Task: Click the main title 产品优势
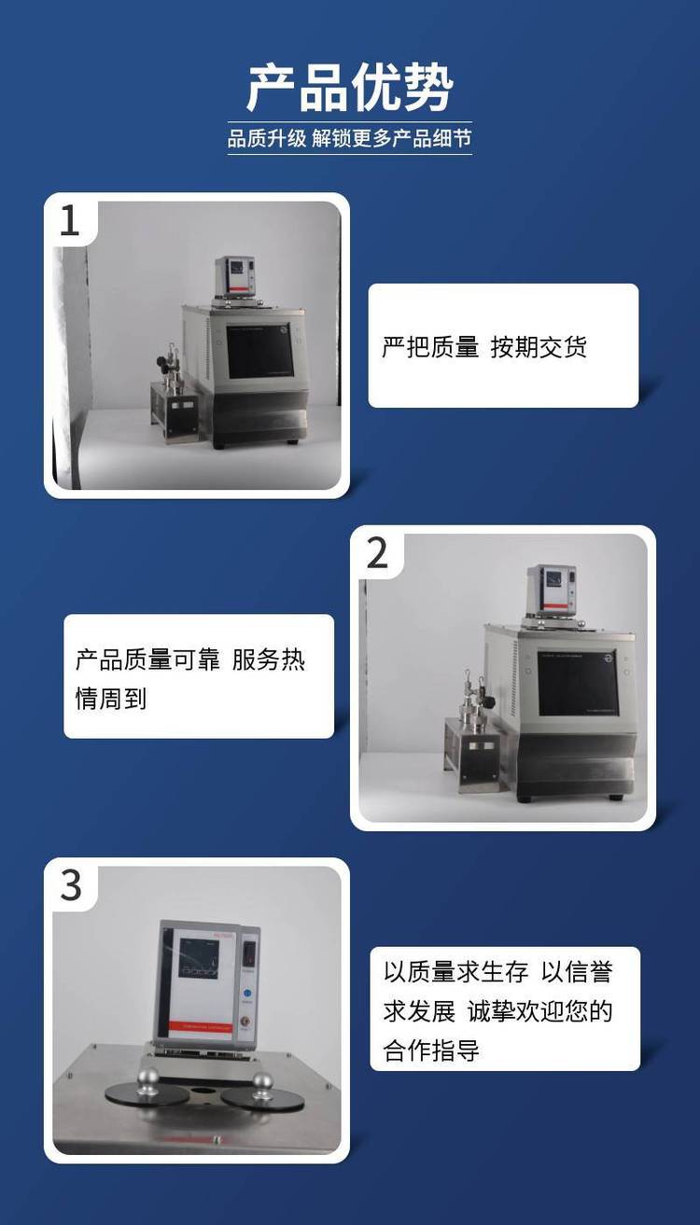click(350, 88)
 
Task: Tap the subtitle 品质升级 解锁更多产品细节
click(349, 138)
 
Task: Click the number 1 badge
click(69, 221)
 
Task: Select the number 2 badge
click(377, 553)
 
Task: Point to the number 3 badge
click(71, 885)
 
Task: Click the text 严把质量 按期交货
click(484, 347)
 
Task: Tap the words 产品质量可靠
click(147, 660)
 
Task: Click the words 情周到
click(111, 699)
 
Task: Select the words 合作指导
click(431, 1050)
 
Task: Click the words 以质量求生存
click(455, 972)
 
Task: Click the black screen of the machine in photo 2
click(578, 683)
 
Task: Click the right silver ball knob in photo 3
click(262, 1081)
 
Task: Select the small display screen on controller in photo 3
click(199, 958)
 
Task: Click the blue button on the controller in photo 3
click(247, 993)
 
